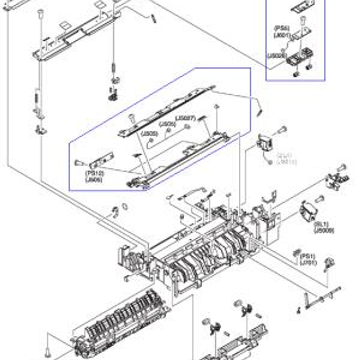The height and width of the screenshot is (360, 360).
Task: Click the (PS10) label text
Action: click(94, 173)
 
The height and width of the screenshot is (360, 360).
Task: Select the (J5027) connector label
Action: click(185, 118)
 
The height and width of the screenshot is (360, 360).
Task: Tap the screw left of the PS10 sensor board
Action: click(79, 163)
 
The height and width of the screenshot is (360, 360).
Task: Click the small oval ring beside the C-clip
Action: click(125, 206)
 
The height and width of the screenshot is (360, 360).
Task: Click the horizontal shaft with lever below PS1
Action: click(322, 296)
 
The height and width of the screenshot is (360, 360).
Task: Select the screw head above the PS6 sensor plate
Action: click(304, 19)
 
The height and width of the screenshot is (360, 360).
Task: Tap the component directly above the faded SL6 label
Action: click(263, 143)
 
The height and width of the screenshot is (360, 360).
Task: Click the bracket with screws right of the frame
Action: click(338, 180)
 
